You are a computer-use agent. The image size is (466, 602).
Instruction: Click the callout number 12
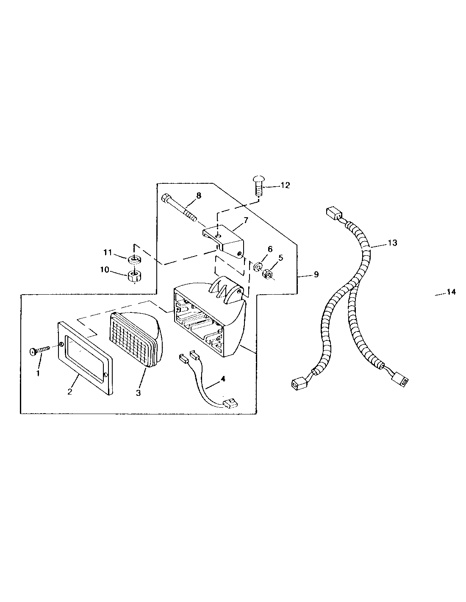pos(285,185)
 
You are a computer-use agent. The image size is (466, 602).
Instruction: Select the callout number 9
pos(316,275)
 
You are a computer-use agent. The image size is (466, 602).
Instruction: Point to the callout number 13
pos(393,243)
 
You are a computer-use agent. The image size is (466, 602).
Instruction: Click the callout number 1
pos(38,373)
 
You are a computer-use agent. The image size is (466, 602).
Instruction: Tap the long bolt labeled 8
pos(179,208)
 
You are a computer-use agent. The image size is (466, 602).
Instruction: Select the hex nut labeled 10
pos(134,276)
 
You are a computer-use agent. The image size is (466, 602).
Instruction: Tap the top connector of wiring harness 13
pos(334,213)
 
